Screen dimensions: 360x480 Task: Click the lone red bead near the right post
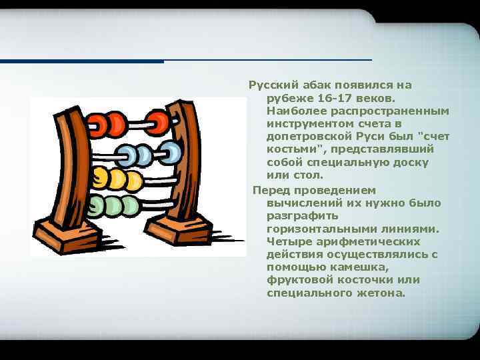point(159,123)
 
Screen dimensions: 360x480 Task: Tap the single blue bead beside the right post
point(171,152)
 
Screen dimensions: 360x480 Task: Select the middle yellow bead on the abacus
point(117,179)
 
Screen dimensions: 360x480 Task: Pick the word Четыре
point(287,241)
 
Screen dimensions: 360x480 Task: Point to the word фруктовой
point(295,280)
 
